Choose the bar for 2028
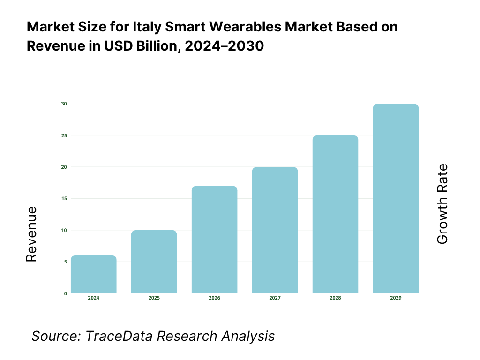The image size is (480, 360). click(x=335, y=214)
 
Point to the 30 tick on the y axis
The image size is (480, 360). click(x=64, y=104)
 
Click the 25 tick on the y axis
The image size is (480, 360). click(x=64, y=135)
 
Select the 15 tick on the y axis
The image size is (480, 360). click(x=64, y=199)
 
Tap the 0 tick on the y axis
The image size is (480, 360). click(x=65, y=293)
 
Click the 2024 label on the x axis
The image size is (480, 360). click(x=94, y=298)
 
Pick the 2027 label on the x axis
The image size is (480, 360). click(x=275, y=298)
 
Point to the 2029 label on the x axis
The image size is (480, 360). click(x=396, y=298)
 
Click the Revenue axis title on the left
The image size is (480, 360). click(x=31, y=234)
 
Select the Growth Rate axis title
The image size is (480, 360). click(x=442, y=204)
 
